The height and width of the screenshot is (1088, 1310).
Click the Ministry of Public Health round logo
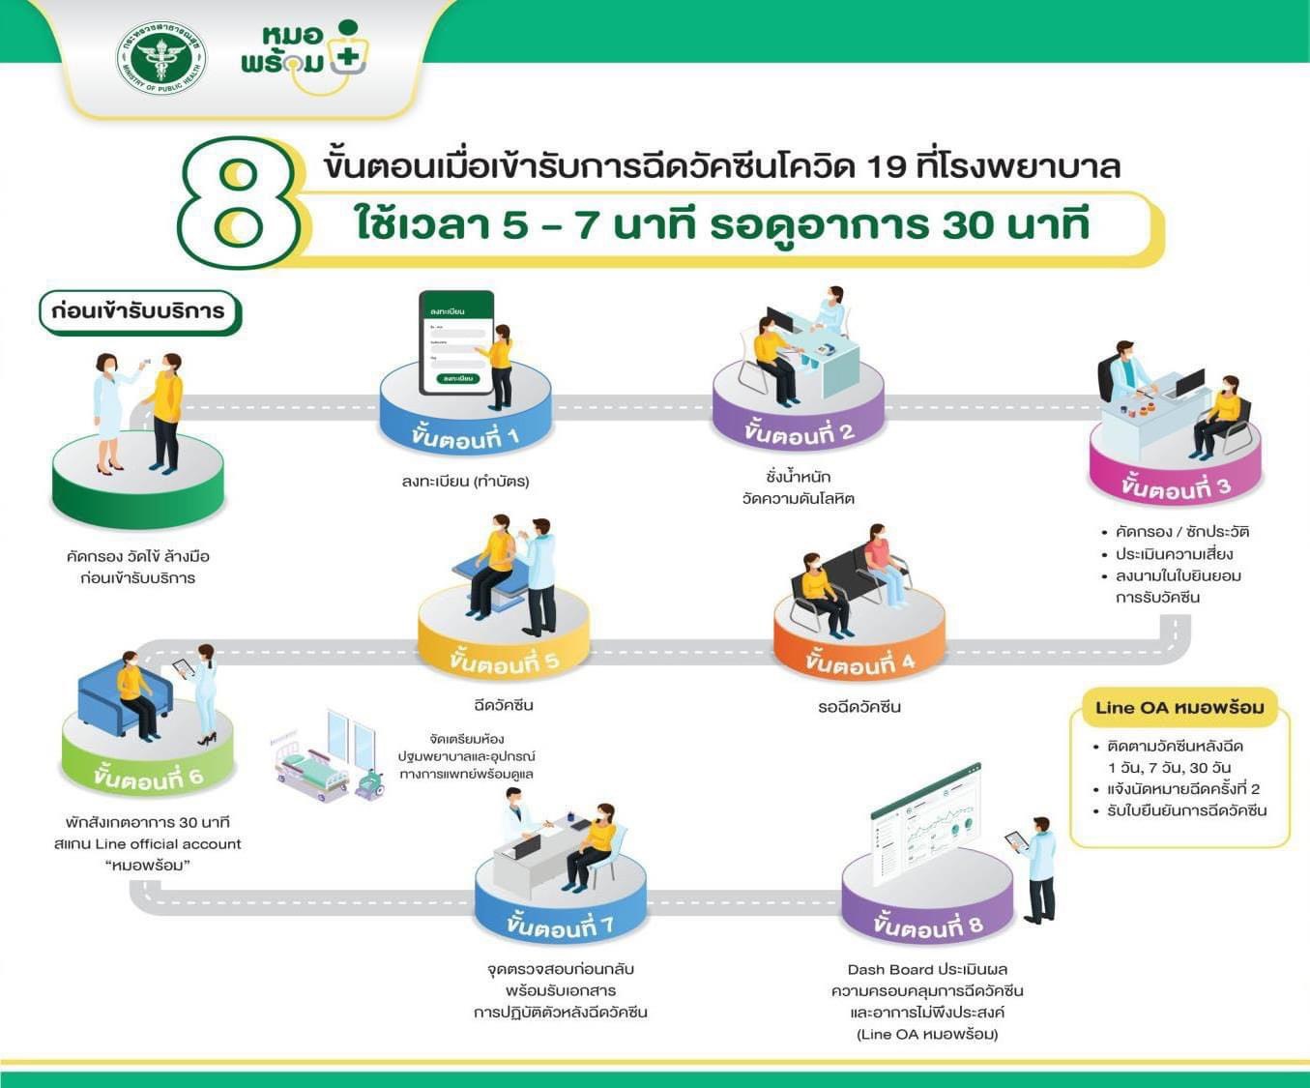click(x=161, y=57)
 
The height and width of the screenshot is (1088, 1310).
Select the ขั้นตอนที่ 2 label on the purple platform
click(x=799, y=432)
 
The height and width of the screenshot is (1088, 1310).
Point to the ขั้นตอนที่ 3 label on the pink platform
click(x=1176, y=485)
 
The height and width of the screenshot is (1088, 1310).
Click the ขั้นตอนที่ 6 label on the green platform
click(x=148, y=777)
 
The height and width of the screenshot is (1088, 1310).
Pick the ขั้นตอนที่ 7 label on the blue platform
click(x=560, y=926)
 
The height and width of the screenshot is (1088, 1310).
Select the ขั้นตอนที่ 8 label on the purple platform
click(x=927, y=926)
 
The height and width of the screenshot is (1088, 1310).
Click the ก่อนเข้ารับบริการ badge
click(x=138, y=311)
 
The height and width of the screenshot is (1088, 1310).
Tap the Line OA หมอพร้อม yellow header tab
click(x=1179, y=708)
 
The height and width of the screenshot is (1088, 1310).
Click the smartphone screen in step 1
click(x=455, y=343)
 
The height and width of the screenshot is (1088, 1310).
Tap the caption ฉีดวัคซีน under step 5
click(x=504, y=705)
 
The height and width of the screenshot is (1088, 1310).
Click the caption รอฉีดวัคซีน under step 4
click(x=859, y=707)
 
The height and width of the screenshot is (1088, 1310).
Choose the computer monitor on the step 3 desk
click(x=1188, y=382)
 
